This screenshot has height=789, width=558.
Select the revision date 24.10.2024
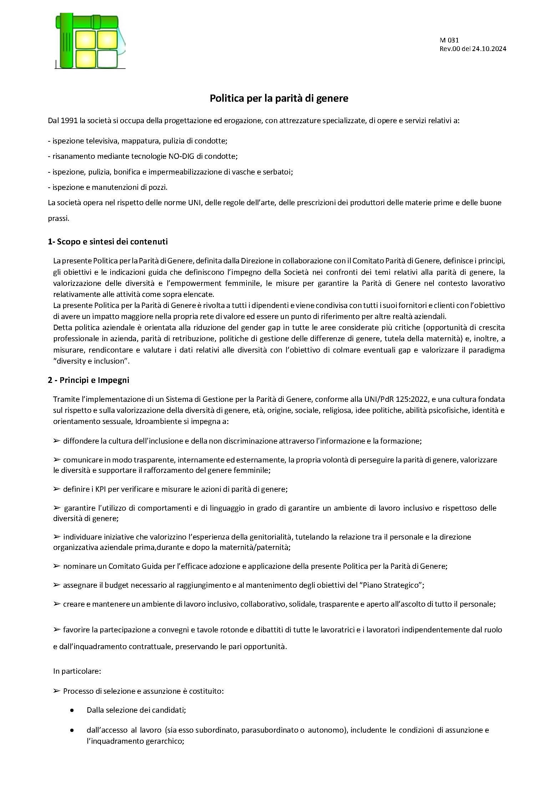click(x=489, y=49)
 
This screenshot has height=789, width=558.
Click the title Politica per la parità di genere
click(x=279, y=98)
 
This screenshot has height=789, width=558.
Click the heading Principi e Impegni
click(x=94, y=380)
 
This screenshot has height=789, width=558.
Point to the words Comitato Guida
click(x=129, y=566)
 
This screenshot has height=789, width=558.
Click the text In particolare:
click(x=77, y=671)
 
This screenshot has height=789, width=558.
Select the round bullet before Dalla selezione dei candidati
click(x=73, y=710)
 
